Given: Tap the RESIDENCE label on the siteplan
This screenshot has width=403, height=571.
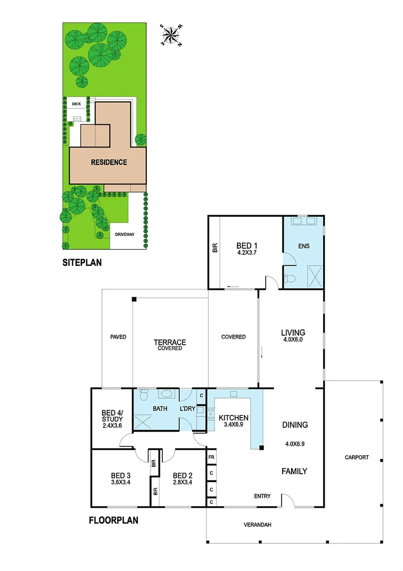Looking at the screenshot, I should point(109,162).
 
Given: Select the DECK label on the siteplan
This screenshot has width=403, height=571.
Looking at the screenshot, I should point(69,104).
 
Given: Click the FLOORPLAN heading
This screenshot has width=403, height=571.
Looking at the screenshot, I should point(113,520).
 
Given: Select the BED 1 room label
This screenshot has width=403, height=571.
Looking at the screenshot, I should point(243,245).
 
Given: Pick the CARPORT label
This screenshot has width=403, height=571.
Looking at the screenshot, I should point(357,457).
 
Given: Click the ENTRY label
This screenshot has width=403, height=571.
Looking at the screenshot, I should point(262,496).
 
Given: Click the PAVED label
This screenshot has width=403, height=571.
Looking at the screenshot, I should point(118,337).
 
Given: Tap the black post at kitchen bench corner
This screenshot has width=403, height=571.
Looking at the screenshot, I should point(261,448).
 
